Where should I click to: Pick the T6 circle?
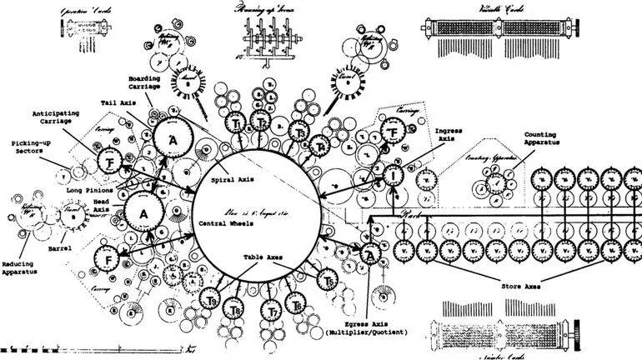pos(298,307)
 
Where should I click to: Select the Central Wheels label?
pos(225,223)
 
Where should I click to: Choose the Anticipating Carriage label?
pos(57,117)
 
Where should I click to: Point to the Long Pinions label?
pos(90,190)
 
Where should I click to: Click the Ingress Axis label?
pos(449,135)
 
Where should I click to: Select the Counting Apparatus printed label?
pos(541,138)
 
